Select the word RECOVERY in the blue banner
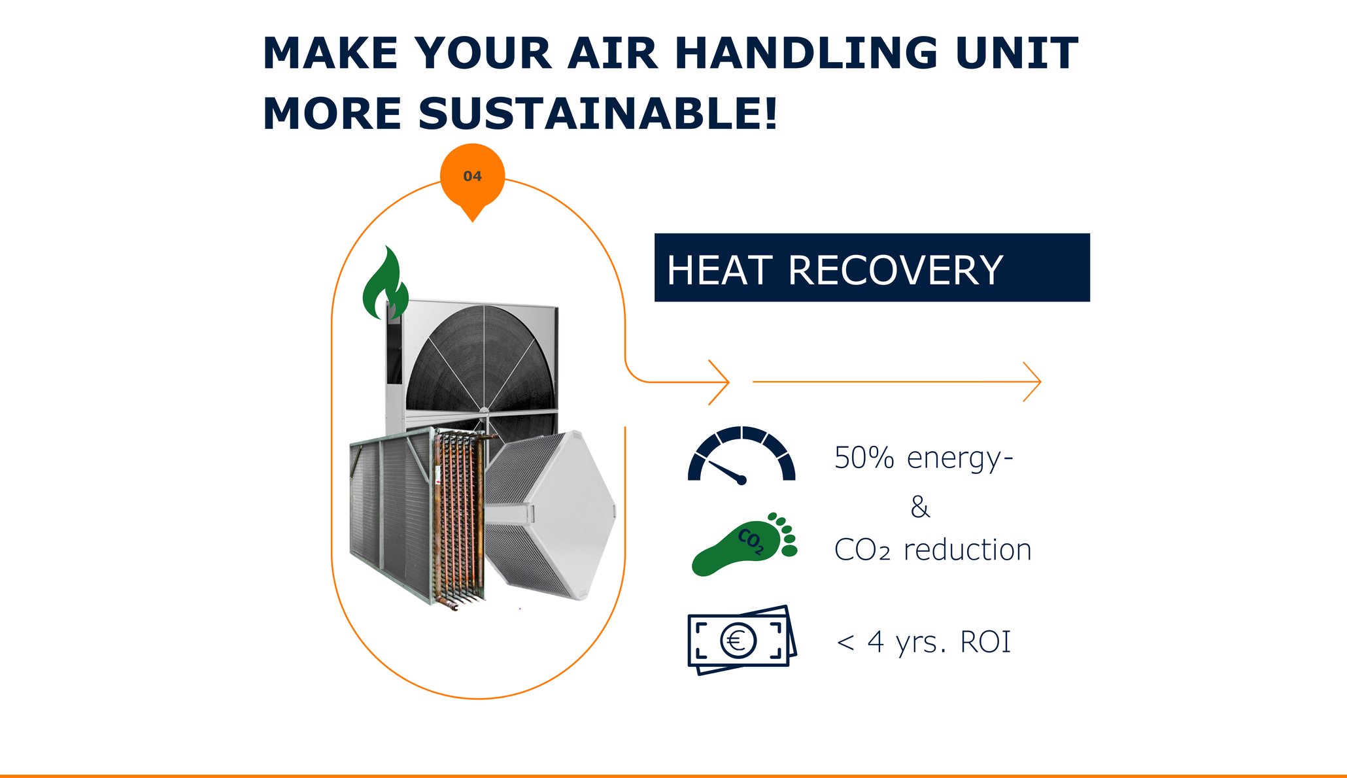[896, 270]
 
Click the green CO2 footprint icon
[744, 544]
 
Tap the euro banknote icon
[742, 640]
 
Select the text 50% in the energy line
[864, 458]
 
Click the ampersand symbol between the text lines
[920, 507]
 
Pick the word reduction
[968, 550]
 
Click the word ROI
[985, 642]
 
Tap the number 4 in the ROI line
[876, 642]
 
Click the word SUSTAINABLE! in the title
[598, 113]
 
